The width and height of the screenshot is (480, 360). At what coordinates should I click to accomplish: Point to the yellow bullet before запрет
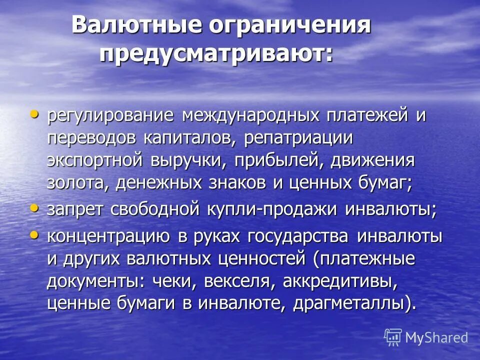click(34, 207)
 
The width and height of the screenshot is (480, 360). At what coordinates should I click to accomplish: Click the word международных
click(250, 116)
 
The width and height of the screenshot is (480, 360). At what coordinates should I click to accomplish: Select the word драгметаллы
click(354, 304)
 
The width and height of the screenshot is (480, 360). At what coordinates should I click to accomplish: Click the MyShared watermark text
click(436, 337)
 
